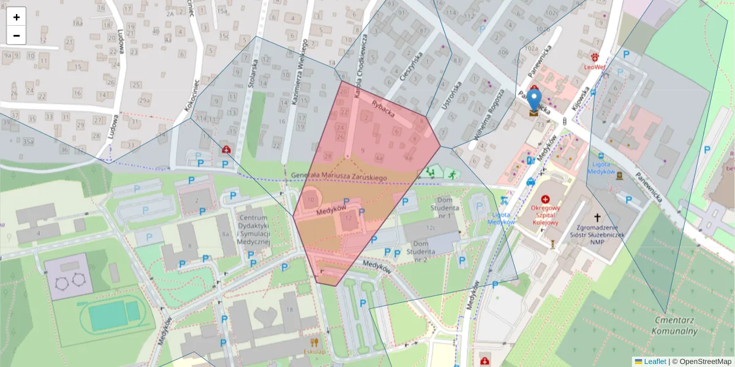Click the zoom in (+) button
pos(17,17)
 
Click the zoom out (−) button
pos(17,35)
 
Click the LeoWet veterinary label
pos(595,67)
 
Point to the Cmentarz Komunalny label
pos(676,325)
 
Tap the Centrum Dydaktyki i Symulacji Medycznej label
pos(254,231)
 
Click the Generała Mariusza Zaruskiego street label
pos(339,177)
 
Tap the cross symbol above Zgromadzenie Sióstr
pos(597,217)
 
